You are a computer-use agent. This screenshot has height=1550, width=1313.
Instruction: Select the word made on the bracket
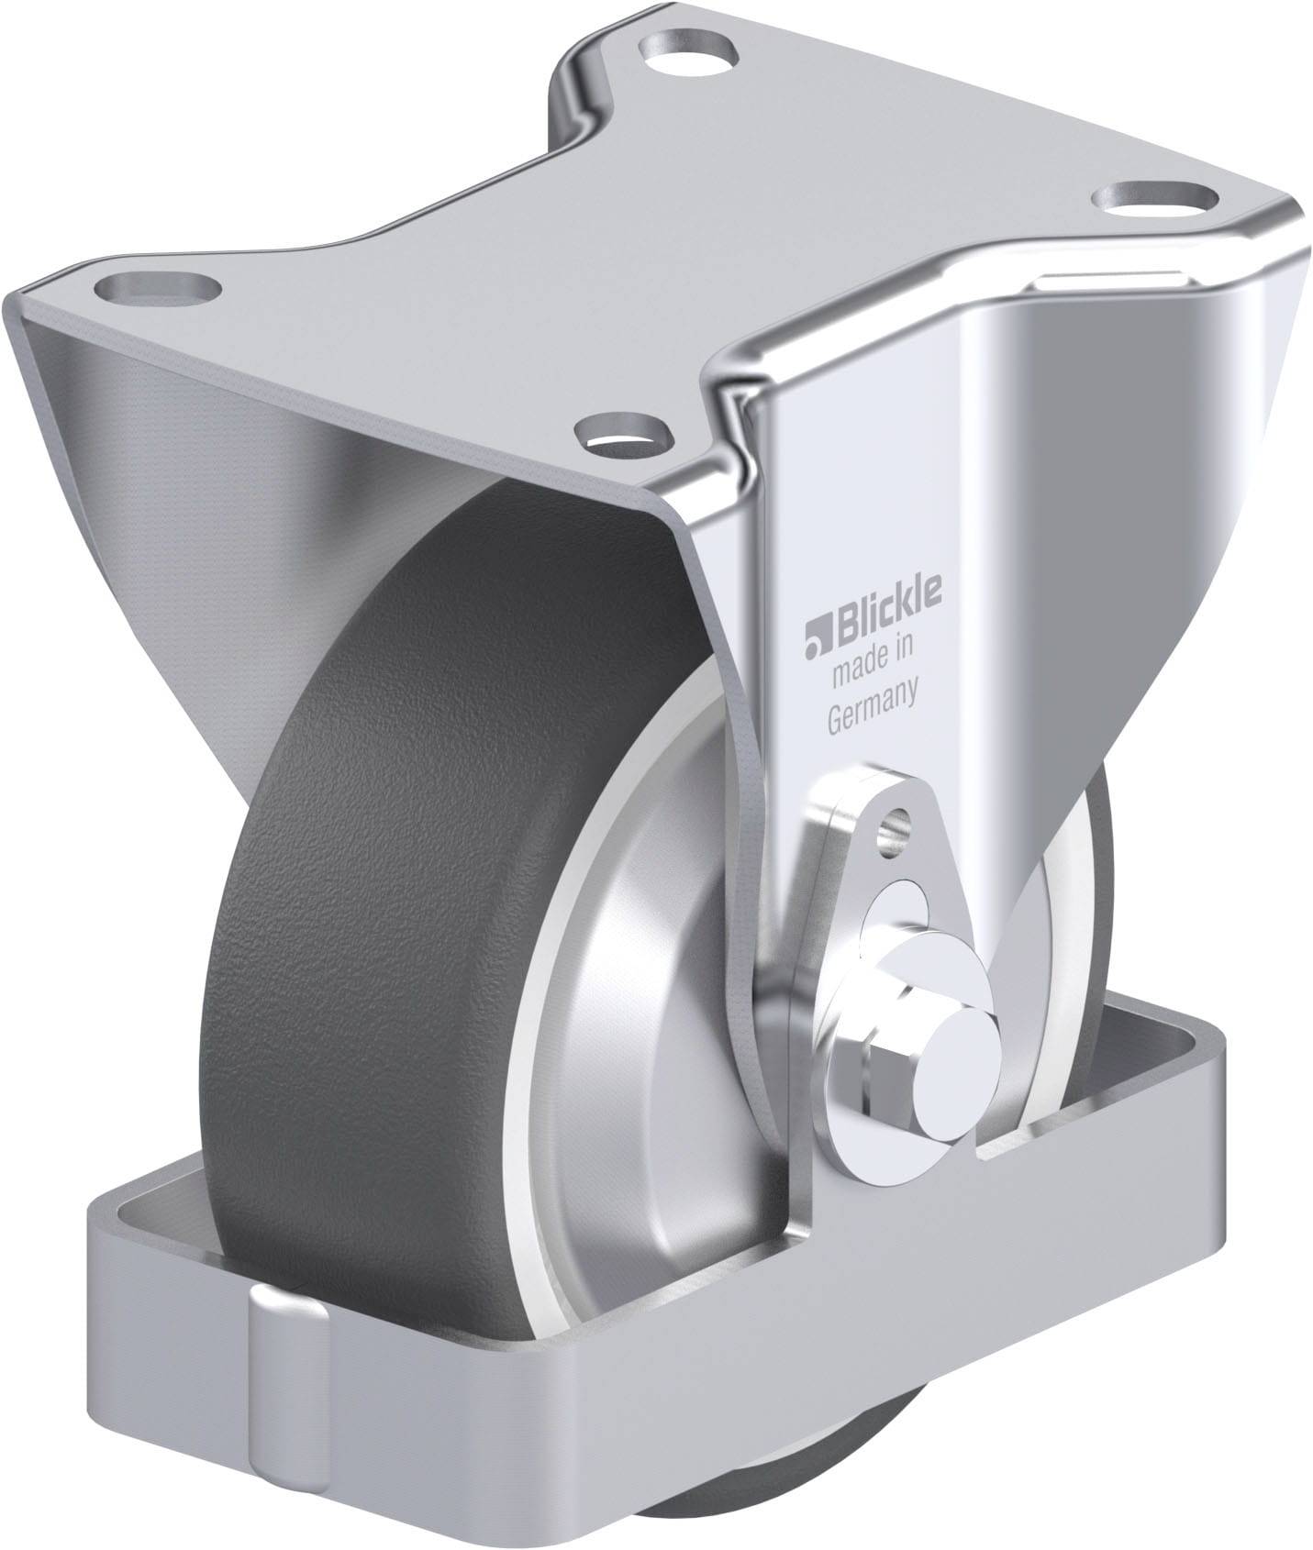[859, 673]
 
